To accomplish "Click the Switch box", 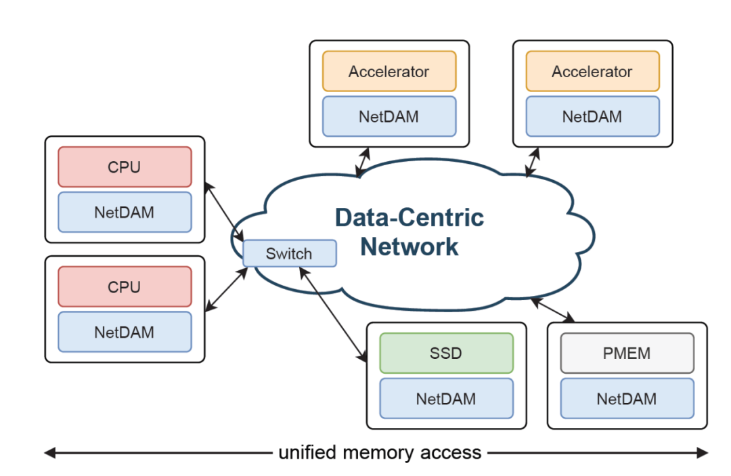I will pos(290,254).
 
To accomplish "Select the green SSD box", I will pos(447,353).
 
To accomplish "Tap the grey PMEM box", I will pos(627,353).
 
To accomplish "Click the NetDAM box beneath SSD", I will pos(447,399).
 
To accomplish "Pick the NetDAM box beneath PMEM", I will pos(627,399).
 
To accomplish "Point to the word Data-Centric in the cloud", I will pos(410,218).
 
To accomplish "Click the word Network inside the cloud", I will pos(409,246).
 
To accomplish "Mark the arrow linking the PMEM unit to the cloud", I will pos(553,309).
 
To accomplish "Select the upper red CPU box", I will pos(125,167).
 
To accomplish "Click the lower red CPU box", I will pos(125,286).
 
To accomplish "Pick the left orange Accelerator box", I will pos(389,71).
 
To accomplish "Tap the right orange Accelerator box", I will pos(592,71).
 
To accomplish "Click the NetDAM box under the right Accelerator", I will pos(592,116).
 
